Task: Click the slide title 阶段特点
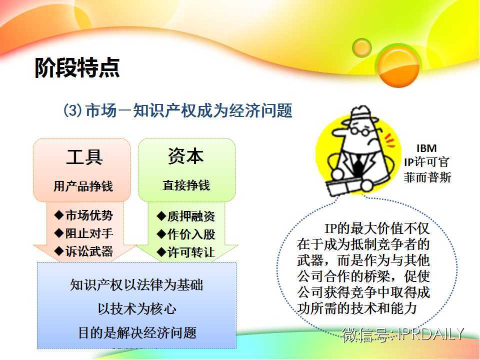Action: point(77,67)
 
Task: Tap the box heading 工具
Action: point(84,156)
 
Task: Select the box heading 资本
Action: point(186,156)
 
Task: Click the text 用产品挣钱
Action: point(83,186)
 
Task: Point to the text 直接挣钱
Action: point(186,185)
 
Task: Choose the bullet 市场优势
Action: point(83,215)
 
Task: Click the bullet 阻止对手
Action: point(83,233)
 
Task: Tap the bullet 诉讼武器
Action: point(83,251)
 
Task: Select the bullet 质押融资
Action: point(186,216)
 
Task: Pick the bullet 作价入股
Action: point(186,234)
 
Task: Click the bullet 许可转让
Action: point(186,252)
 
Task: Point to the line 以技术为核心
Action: point(137,308)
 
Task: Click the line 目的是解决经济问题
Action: point(137,333)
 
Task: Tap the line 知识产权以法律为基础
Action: point(137,284)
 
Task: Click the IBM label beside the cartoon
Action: point(426,148)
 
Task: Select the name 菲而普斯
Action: point(427,177)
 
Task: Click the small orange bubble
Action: point(362,48)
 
